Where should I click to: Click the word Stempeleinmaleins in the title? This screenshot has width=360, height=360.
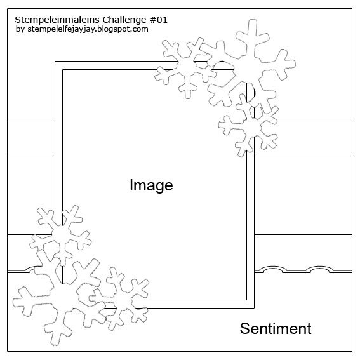(x=57, y=20)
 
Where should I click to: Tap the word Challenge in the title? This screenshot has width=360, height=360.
(x=124, y=20)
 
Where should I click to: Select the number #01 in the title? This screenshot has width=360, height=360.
(x=159, y=20)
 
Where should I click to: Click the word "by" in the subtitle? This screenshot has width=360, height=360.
(x=20, y=29)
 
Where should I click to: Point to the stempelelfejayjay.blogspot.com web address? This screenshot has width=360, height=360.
(x=88, y=29)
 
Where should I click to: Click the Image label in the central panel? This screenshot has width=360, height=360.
(x=151, y=185)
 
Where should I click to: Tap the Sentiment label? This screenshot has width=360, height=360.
(x=276, y=328)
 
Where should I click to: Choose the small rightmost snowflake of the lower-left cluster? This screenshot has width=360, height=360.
(x=122, y=299)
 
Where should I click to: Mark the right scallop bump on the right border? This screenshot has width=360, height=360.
(x=321, y=268)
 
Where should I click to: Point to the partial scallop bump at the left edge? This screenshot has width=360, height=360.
(x=30, y=269)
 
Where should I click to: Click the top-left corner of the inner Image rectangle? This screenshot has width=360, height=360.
(x=62, y=70)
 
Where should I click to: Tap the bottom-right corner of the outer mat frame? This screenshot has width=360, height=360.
(x=254, y=308)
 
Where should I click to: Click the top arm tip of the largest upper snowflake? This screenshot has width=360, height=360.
(x=253, y=20)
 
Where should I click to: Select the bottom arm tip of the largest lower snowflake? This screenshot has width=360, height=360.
(x=55, y=344)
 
